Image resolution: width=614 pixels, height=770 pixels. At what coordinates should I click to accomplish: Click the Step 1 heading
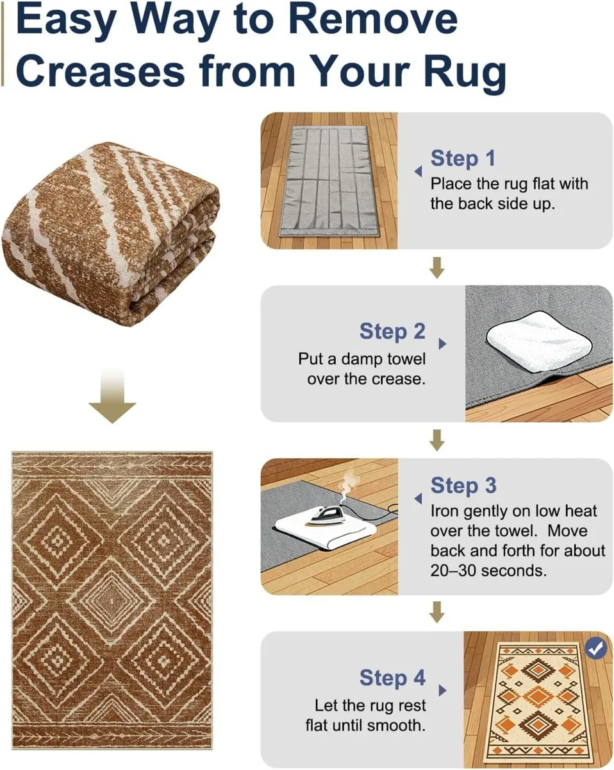(x=463, y=158)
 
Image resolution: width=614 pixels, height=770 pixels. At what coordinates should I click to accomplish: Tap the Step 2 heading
(x=392, y=331)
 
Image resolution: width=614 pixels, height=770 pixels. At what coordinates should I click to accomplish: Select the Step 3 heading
(x=463, y=486)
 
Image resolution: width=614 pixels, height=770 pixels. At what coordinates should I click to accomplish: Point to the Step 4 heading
(x=392, y=678)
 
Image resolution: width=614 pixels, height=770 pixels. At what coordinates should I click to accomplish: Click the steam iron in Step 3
(x=325, y=516)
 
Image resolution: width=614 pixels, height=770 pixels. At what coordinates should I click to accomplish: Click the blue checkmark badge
(x=596, y=648)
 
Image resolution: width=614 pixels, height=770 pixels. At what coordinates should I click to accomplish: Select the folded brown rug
(x=110, y=234)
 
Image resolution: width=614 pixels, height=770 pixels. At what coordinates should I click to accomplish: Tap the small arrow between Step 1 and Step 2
(x=436, y=268)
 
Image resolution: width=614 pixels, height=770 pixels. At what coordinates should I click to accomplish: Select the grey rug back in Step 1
(x=328, y=181)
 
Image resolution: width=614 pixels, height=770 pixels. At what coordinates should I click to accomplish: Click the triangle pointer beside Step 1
(x=418, y=171)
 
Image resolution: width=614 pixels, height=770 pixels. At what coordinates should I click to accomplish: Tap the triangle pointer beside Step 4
(x=442, y=690)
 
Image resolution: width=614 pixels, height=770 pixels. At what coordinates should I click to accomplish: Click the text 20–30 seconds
(x=488, y=570)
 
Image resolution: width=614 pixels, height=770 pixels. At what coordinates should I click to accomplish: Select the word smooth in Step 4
(x=395, y=726)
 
